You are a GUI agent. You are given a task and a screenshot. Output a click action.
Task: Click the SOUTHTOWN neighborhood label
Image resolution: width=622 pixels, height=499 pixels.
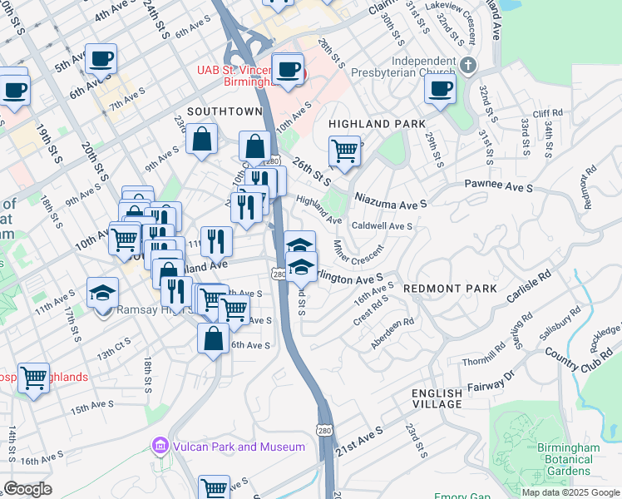pyautogui.click(x=225, y=111)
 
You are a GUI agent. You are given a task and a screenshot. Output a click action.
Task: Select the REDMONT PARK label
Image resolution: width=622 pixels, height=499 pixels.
pyautogui.click(x=450, y=288)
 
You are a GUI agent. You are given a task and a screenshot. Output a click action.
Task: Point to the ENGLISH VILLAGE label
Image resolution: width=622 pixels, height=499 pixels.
pyautogui.click(x=437, y=398)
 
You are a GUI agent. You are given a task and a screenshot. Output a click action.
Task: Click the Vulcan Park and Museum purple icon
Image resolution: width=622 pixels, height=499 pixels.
pyautogui.click(x=159, y=447)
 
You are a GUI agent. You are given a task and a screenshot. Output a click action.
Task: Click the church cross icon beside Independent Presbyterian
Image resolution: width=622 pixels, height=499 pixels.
pyautogui.click(x=468, y=64)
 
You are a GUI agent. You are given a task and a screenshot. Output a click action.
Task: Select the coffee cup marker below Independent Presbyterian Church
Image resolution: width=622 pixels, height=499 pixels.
pyautogui.click(x=441, y=87)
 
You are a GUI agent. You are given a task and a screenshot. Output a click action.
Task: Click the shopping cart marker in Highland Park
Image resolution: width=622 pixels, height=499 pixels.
pyautogui.click(x=344, y=151)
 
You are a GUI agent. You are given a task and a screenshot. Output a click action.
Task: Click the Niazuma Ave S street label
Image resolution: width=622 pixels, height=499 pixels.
pyautogui.click(x=391, y=200)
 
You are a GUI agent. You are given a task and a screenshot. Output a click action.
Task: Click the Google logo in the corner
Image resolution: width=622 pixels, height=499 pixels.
pyautogui.click(x=28, y=489)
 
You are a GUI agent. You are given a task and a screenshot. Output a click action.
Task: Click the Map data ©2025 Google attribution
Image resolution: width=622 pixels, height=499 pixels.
pyautogui.click(x=570, y=492)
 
